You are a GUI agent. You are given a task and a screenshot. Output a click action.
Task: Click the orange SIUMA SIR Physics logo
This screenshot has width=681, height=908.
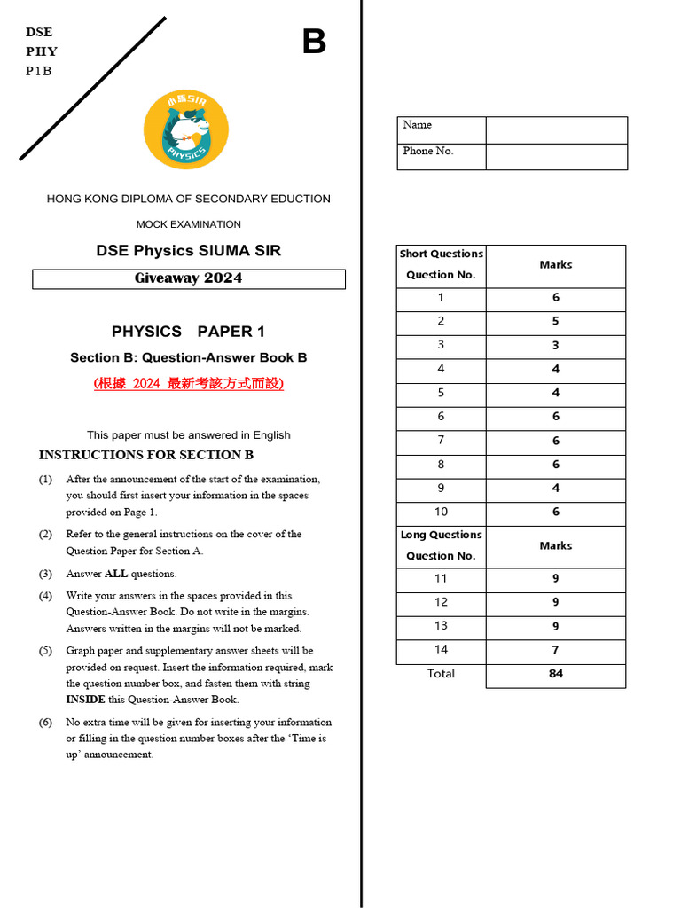186,130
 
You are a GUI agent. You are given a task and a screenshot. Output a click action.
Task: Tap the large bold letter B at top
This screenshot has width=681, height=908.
314,42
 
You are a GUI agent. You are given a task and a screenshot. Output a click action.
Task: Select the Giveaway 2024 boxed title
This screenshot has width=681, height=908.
188,278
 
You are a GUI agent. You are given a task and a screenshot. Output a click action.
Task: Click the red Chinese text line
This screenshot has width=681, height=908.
189,384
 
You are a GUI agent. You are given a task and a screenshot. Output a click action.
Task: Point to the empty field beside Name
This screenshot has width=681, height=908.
556,129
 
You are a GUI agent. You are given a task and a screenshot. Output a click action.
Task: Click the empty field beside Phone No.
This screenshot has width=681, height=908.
556,156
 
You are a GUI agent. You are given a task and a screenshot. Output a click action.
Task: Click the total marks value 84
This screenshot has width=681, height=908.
556,674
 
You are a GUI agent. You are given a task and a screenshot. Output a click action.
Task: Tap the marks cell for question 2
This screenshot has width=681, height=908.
556,322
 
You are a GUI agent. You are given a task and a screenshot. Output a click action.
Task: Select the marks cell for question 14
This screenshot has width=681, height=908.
556,650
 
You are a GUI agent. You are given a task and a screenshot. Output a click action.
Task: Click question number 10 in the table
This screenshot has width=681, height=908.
441,513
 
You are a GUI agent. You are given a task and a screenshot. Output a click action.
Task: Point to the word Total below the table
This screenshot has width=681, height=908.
441,674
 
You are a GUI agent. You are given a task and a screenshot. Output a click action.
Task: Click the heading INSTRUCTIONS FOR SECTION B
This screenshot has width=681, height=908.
146,455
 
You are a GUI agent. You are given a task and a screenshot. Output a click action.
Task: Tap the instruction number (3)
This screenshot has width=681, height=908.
45,574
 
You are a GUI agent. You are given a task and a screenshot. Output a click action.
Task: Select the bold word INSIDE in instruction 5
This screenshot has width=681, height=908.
85,700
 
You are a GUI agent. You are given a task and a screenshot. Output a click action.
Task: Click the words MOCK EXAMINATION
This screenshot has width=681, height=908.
188,224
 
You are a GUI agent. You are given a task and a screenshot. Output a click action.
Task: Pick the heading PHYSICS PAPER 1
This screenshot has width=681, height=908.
188,332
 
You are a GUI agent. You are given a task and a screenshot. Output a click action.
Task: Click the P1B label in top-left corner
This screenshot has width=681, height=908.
39,71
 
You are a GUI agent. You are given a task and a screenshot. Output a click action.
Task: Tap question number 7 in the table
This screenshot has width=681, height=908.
441,441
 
